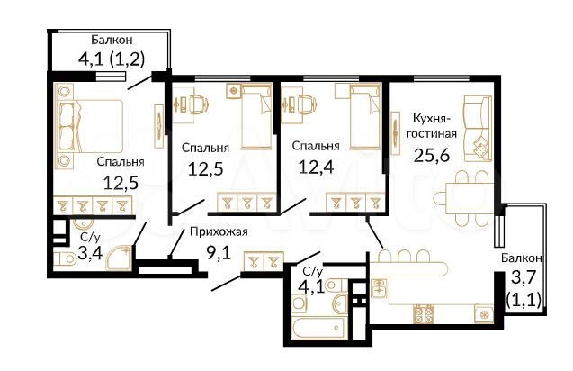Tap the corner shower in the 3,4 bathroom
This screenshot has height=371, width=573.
tap(117, 260)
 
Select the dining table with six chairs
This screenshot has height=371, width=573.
tap(463, 194)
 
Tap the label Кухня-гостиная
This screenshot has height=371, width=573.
tap(434, 125)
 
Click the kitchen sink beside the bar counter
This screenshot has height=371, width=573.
tap(380, 288)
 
